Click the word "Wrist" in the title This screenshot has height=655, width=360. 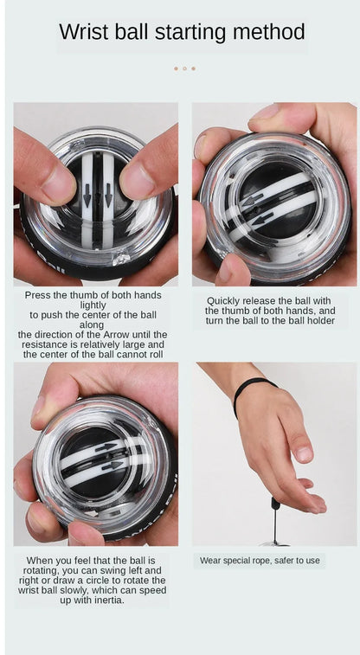(84, 32)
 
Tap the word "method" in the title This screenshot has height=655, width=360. (269, 32)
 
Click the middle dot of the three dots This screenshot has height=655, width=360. (184, 68)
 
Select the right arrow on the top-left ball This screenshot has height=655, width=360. (108, 196)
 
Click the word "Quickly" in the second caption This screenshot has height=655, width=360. (224, 301)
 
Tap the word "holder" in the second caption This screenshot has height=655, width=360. (320, 321)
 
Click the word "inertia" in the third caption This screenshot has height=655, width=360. (111, 600)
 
